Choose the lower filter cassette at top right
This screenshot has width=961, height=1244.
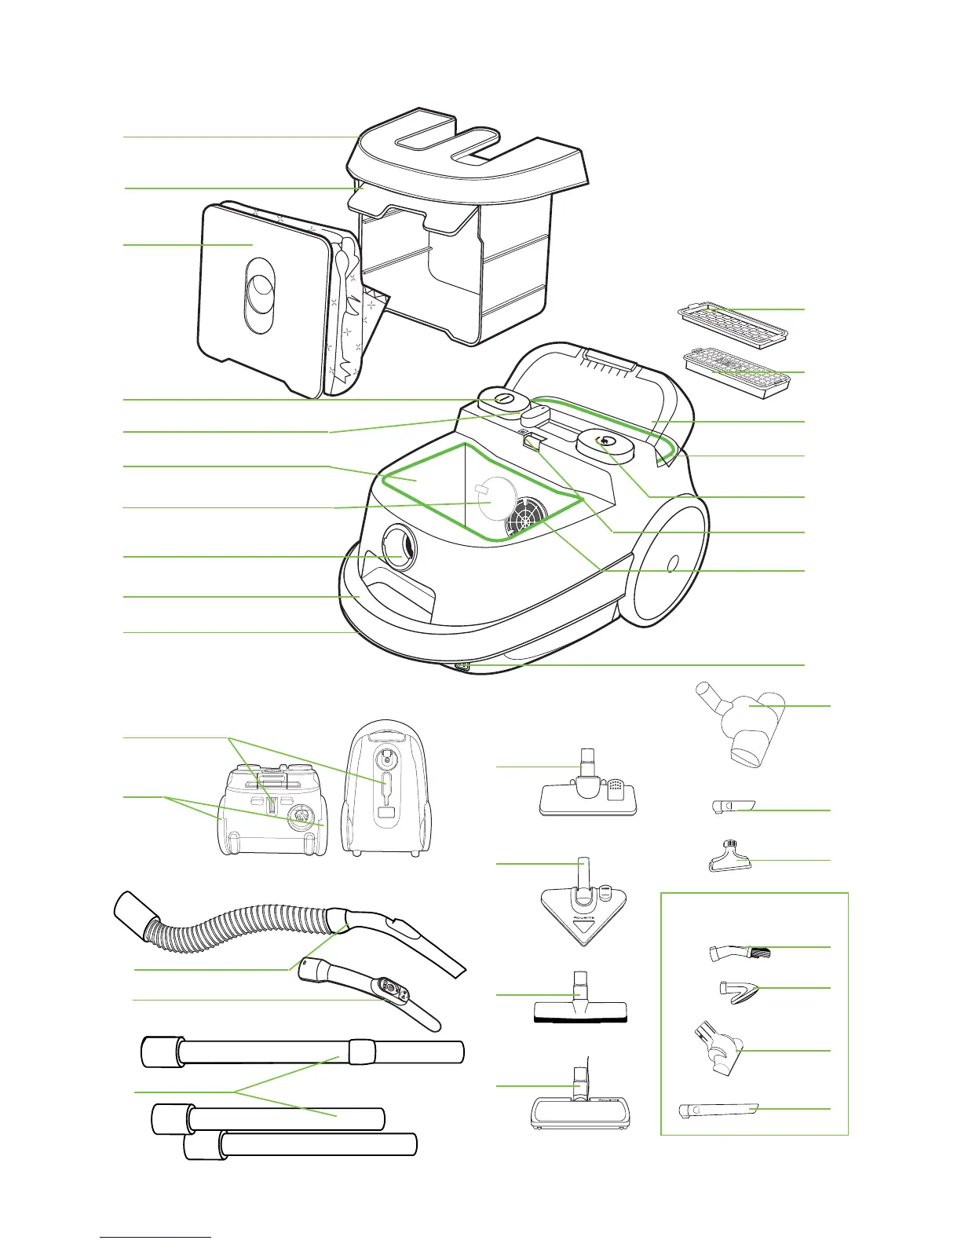(736, 374)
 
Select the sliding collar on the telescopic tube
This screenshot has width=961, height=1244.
(361, 1050)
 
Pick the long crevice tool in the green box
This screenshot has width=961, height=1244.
(718, 1110)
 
